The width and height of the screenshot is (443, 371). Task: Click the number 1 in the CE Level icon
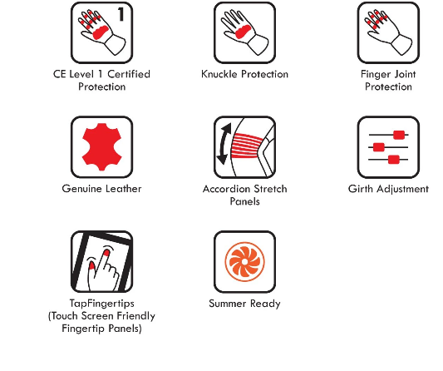121,14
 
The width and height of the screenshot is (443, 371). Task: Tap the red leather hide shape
102,147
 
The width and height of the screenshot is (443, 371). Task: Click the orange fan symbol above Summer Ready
244,262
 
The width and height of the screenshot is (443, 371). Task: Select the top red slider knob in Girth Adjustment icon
399,135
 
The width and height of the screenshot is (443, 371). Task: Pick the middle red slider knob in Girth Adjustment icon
379,147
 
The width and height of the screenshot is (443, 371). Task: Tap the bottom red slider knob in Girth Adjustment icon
394,160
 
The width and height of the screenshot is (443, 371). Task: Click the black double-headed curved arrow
224,144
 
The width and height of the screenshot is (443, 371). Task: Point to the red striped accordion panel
247,145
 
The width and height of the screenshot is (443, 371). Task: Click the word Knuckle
219,74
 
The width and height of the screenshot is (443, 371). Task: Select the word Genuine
82,189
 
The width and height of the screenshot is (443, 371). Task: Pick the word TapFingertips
102,304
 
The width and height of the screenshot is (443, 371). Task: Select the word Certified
129,74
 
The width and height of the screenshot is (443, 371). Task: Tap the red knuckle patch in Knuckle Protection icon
243,32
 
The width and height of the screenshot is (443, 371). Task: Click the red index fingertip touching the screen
106,252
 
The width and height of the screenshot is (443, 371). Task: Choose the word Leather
124,189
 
